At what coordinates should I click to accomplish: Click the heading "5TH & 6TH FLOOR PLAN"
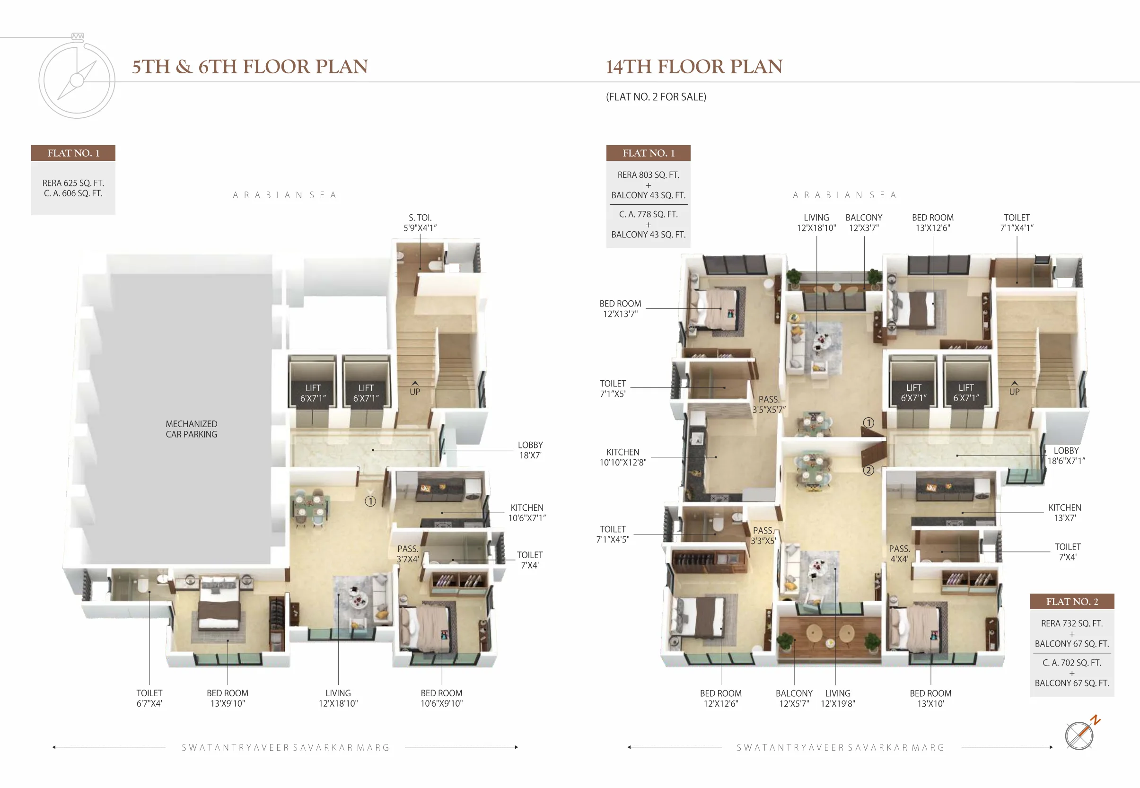coord(250,67)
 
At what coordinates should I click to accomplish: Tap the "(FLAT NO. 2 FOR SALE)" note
coord(656,97)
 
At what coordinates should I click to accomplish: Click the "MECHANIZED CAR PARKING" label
coord(192,429)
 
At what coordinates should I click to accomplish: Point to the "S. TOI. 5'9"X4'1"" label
coord(420,223)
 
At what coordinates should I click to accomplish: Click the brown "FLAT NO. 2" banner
coord(1072,601)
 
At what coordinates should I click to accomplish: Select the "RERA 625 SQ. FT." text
coord(73,183)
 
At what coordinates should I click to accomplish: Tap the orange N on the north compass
coord(1095,720)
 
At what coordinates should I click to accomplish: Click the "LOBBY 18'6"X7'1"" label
coord(1066,455)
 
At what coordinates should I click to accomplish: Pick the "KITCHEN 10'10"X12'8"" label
coord(623,457)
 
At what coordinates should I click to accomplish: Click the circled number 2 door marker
coord(868,470)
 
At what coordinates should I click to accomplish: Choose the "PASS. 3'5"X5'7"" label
coord(769,404)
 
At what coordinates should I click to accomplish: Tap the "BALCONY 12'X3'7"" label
coord(864,223)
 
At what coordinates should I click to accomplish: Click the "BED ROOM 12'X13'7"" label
coord(620,308)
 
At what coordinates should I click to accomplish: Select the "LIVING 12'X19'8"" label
coord(837,698)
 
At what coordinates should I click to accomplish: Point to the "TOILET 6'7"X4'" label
coord(149,698)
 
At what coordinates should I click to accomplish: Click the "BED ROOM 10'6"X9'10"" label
coord(441,698)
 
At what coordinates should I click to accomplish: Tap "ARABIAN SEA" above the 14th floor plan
coord(844,195)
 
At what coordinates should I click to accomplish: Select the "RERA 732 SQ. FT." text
coord(1072,623)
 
